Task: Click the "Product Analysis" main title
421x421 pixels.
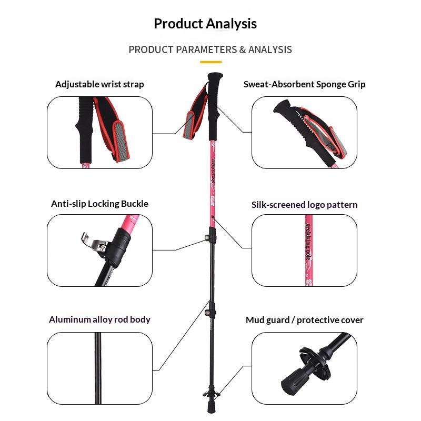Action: (205, 24)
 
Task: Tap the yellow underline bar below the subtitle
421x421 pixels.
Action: (210, 62)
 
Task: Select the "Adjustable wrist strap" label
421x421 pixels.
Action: (99, 84)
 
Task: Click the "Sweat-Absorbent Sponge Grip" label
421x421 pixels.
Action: (304, 84)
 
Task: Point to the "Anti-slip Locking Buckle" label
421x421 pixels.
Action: (99, 204)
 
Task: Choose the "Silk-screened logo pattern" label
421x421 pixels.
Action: (304, 205)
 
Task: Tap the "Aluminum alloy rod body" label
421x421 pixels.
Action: (99, 319)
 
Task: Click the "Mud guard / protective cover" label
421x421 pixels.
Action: (304, 320)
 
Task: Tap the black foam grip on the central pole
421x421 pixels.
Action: (215, 105)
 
